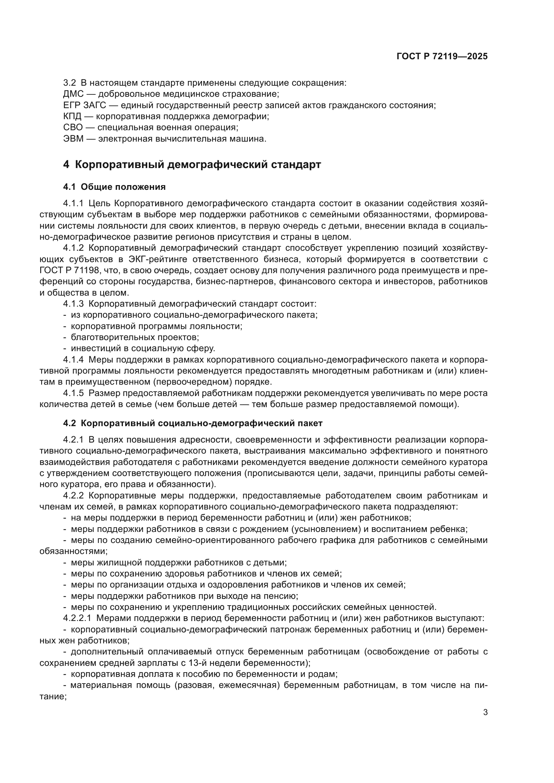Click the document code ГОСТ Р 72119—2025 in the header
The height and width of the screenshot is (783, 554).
tap(442, 57)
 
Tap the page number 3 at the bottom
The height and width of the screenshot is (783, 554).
tap(485, 712)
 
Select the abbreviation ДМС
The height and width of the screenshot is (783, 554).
tap(73, 94)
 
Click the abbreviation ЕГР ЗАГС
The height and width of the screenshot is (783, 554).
tap(85, 105)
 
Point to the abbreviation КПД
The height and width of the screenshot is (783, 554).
tap(72, 116)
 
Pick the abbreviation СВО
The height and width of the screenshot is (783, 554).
tap(73, 128)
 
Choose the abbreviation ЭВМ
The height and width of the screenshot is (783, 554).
tap(73, 139)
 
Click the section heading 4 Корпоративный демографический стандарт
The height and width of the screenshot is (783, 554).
tap(192, 165)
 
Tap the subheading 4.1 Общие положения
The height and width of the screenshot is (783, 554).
tap(114, 187)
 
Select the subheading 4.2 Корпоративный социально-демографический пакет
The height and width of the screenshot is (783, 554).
tap(193, 423)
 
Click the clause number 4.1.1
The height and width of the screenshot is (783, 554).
tap(73, 204)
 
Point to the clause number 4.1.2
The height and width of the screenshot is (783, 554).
tap(73, 248)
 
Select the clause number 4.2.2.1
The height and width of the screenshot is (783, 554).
tap(77, 618)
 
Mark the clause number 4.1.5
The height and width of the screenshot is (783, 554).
tap(73, 393)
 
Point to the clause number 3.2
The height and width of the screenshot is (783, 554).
tap(69, 83)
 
